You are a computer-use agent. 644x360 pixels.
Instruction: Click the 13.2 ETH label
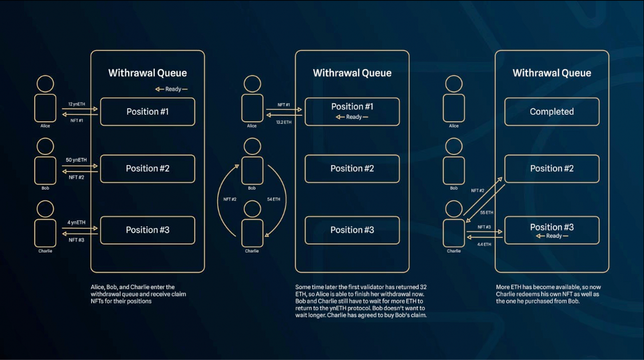(284, 122)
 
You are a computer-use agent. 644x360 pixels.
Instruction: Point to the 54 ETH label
(274, 199)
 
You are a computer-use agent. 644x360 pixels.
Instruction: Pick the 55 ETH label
(487, 212)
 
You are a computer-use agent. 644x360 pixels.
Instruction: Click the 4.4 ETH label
(484, 244)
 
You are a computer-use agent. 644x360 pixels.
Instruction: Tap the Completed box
(552, 112)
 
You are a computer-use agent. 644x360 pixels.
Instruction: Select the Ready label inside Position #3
(552, 236)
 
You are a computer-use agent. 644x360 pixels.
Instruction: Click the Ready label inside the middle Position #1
(352, 117)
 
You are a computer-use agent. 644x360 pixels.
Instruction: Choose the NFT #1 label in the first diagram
(77, 120)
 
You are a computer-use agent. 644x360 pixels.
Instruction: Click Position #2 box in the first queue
(147, 169)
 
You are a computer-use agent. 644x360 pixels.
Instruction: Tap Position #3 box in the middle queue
(352, 230)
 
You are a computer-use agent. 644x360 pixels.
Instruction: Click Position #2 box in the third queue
(552, 169)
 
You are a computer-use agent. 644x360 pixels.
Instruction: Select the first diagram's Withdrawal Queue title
(147, 73)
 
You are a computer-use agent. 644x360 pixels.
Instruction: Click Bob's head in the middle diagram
(252, 146)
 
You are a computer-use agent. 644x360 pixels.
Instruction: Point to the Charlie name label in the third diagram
(454, 251)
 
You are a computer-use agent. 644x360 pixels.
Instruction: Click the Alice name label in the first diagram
(45, 126)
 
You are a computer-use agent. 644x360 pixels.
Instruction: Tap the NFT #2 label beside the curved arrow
(230, 199)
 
